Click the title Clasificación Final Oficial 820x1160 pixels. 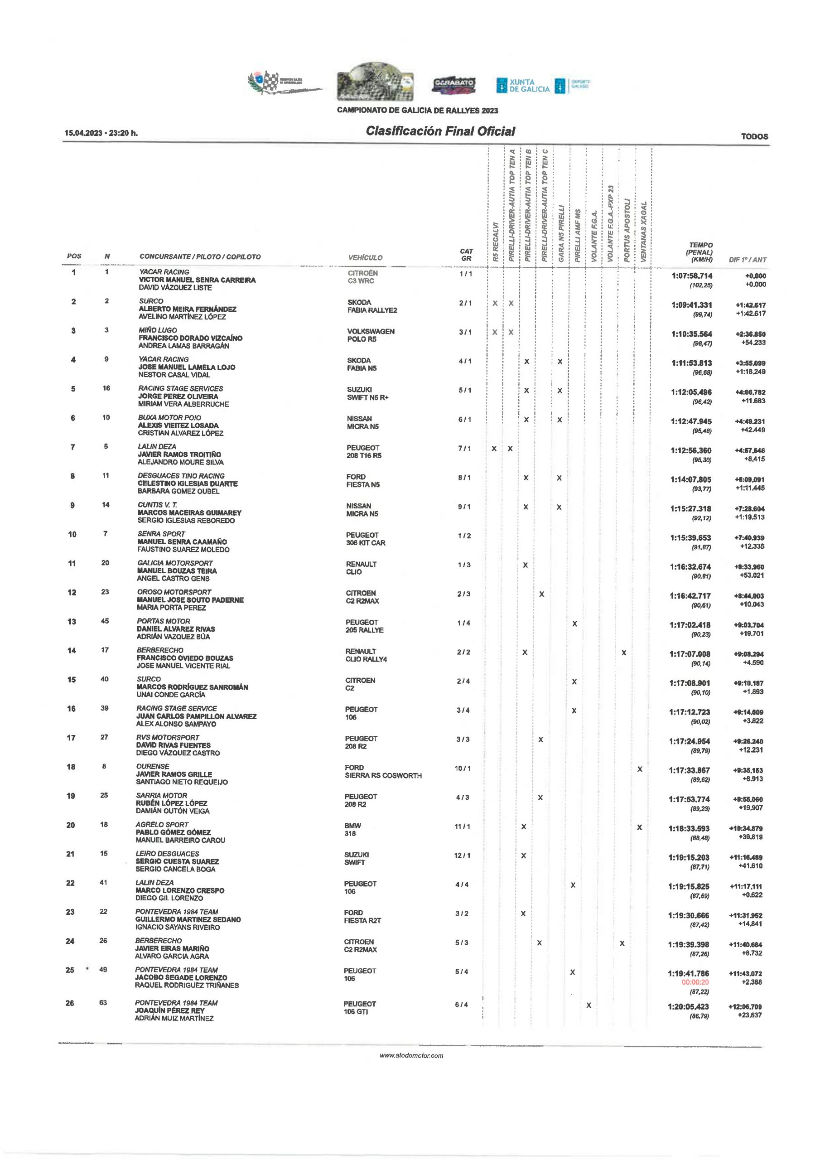[x=440, y=131]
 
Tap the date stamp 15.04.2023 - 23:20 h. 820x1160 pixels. [x=101, y=133]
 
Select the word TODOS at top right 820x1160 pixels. [x=754, y=136]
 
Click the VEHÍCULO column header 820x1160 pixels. [x=365, y=258]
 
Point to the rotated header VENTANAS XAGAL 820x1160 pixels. [x=643, y=232]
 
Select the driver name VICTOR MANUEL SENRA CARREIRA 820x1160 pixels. [x=197, y=280]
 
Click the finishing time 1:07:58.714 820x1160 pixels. [x=692, y=276]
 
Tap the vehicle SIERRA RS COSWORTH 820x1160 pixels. [x=383, y=775]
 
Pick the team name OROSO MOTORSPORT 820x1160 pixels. [x=174, y=592]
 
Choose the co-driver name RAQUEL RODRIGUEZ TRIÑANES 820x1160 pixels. [x=187, y=985]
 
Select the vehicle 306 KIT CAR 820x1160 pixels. [x=366, y=543]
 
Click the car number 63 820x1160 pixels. [x=103, y=1003]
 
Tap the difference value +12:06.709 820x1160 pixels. [x=745, y=1007]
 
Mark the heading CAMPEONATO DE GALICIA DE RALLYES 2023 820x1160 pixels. [x=417, y=111]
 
